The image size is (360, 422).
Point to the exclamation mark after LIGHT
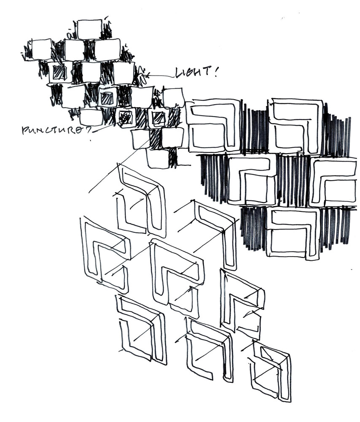(216, 72)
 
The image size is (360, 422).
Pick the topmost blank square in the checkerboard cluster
(90, 29)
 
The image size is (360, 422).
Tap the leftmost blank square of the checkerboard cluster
(42, 49)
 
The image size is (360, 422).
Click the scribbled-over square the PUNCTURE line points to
(125, 118)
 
